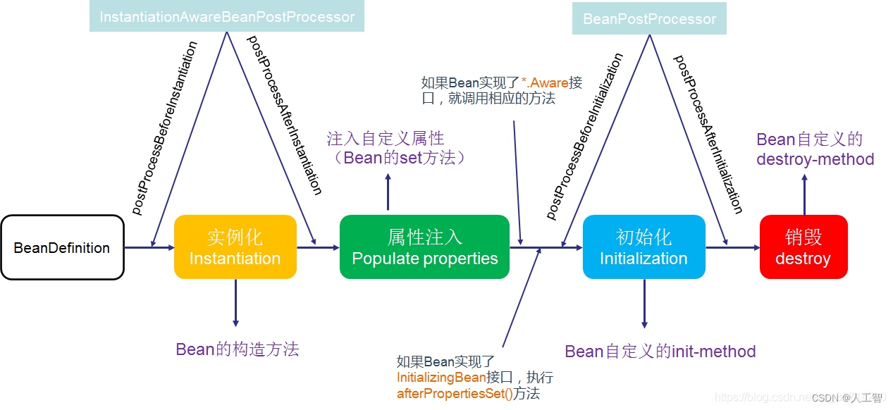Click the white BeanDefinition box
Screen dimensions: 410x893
point(62,247)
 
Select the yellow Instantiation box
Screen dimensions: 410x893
point(235,247)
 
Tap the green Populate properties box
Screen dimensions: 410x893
point(424,247)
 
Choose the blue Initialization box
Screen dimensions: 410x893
point(643,247)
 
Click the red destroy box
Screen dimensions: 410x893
point(803,247)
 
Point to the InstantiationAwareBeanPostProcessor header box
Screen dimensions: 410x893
point(227,16)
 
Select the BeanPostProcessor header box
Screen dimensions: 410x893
point(649,18)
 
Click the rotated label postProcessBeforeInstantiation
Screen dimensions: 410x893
point(165,128)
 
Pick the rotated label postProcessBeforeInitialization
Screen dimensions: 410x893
point(585,135)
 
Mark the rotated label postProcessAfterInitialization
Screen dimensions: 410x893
point(708,134)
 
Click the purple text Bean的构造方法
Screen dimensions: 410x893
point(238,349)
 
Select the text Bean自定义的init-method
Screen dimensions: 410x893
point(660,351)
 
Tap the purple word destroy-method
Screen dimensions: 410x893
point(815,159)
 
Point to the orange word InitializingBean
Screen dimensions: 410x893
point(441,378)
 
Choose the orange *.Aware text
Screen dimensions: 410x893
point(545,82)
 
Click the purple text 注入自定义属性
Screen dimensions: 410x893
point(386,138)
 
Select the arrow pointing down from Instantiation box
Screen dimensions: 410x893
point(235,303)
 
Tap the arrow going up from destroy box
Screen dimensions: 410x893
point(804,194)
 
